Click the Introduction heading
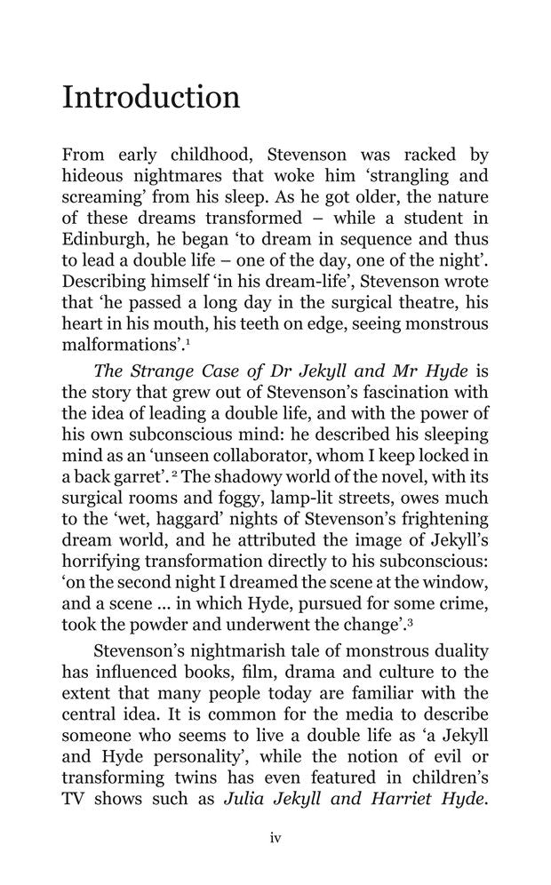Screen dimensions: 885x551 pyautogui.click(x=151, y=97)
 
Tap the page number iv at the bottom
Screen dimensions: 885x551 pyautogui.click(x=275, y=838)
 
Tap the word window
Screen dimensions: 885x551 pyautogui.click(x=454, y=581)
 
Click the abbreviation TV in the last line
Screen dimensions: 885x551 pyautogui.click(x=75, y=798)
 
